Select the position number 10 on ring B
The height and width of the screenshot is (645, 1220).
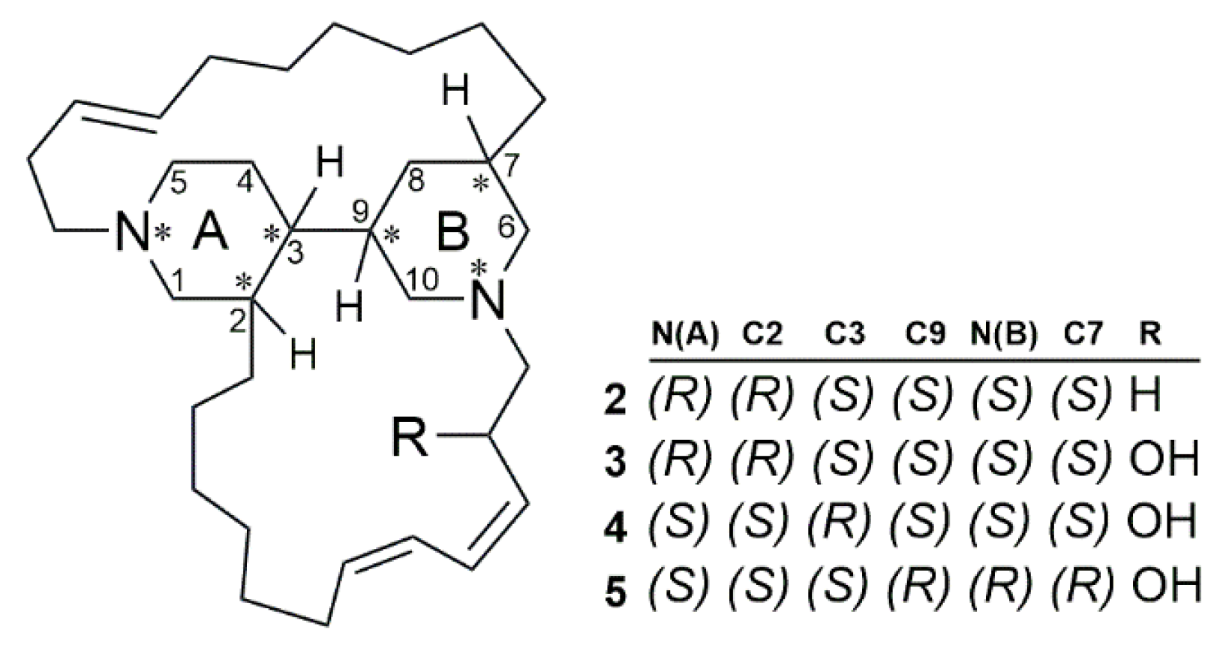click(425, 279)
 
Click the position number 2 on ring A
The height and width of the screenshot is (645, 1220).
click(238, 324)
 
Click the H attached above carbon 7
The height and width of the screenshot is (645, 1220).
click(455, 95)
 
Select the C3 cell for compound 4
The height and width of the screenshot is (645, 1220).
click(843, 523)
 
